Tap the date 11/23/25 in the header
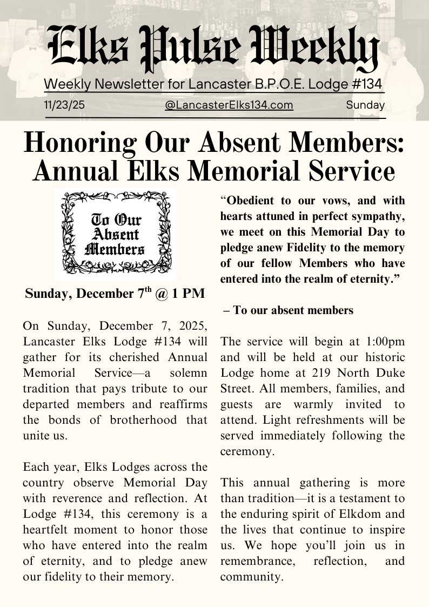point(64,105)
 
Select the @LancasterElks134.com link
point(229,105)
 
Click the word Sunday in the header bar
point(365,105)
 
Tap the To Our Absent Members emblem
point(115,235)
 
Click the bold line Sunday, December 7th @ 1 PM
point(115,294)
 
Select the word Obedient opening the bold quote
point(250,201)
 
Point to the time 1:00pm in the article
point(385,342)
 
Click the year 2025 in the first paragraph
point(191,326)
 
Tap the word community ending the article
point(251,577)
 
